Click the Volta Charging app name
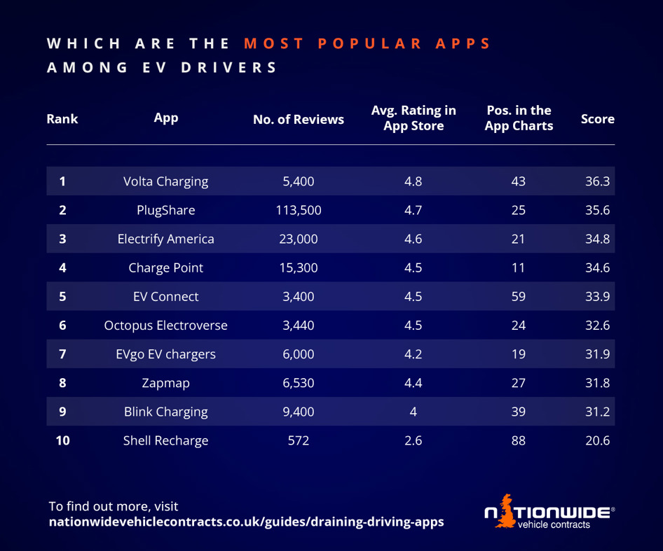[x=165, y=181]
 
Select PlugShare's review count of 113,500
[x=299, y=210]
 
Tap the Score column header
[x=597, y=119]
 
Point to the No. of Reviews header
[x=299, y=120]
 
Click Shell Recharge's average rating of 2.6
[x=413, y=441]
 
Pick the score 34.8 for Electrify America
[x=597, y=239]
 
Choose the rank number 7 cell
[x=62, y=354]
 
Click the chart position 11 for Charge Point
[x=519, y=267]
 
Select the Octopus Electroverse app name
[x=165, y=326]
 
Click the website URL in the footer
[x=246, y=522]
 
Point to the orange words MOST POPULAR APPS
[x=367, y=43]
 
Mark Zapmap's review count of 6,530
[x=299, y=383]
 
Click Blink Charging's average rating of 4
[x=413, y=412]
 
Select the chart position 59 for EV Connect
[x=519, y=296]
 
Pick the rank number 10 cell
[x=62, y=441]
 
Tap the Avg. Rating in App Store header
[x=413, y=118]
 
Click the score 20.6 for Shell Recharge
[x=597, y=441]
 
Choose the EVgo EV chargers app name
[x=165, y=354]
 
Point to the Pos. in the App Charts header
[x=519, y=118]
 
